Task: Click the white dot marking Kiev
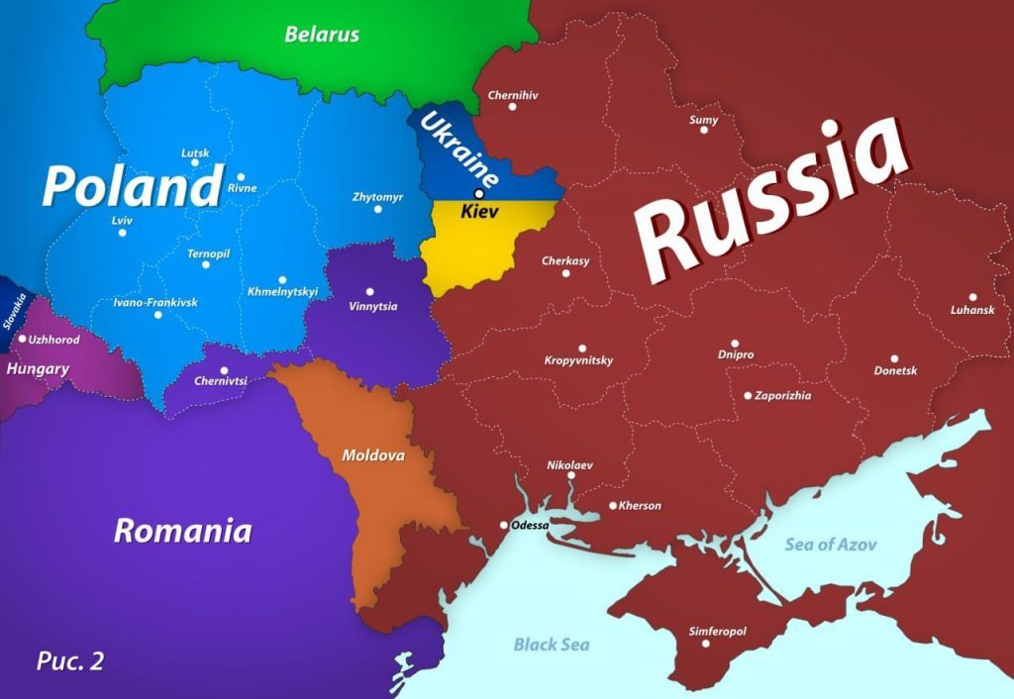pyautogui.click(x=479, y=193)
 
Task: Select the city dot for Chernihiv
pyautogui.click(x=512, y=107)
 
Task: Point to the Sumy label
pyautogui.click(x=703, y=120)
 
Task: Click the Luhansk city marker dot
pyautogui.click(x=973, y=297)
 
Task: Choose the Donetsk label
pyautogui.click(x=895, y=370)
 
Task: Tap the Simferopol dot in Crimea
pyautogui.click(x=706, y=644)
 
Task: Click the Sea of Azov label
pyautogui.click(x=831, y=544)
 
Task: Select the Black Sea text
pyautogui.click(x=552, y=645)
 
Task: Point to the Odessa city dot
pyautogui.click(x=504, y=525)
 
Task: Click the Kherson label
pyautogui.click(x=640, y=506)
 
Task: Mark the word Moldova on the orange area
pyautogui.click(x=373, y=455)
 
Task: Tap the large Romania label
pyautogui.click(x=182, y=531)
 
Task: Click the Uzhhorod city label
pyautogui.click(x=54, y=339)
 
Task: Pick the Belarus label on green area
pyautogui.click(x=322, y=35)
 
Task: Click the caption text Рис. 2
pyautogui.click(x=69, y=660)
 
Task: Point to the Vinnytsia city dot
pyautogui.click(x=369, y=291)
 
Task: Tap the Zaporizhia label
pyautogui.click(x=782, y=395)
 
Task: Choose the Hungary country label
pyautogui.click(x=38, y=369)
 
